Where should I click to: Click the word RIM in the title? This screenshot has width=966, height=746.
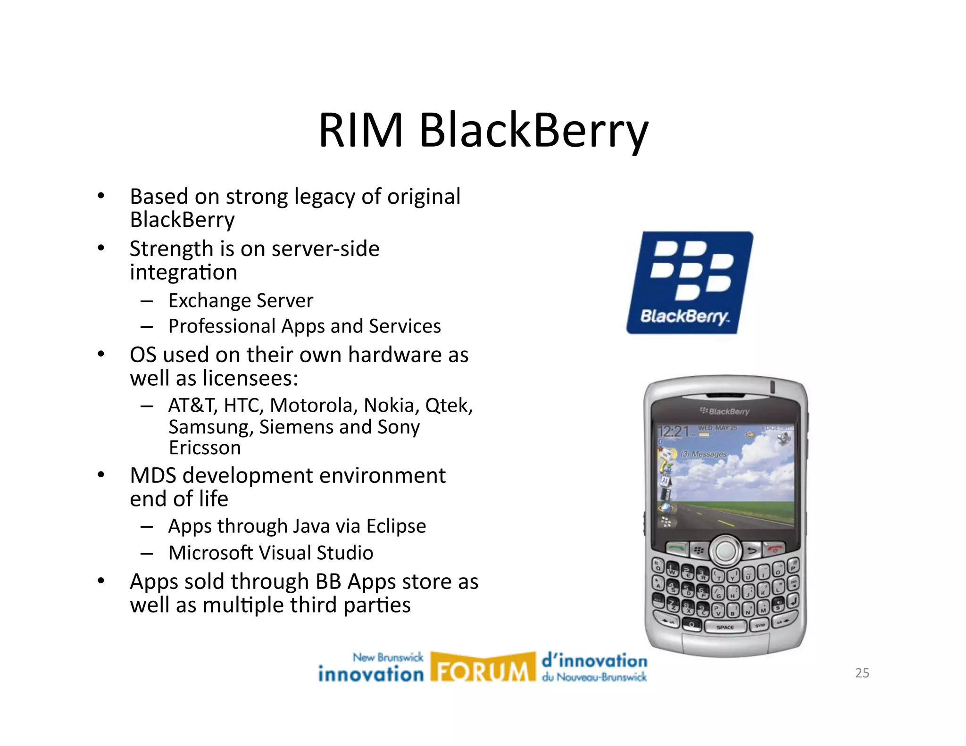coord(361,130)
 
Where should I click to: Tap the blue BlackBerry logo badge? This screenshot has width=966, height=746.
coord(689,282)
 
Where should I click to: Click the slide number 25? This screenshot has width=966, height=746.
coord(862,673)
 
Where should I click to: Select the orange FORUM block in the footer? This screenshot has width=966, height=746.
coord(483,668)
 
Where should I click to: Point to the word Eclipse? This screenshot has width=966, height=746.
coord(396,526)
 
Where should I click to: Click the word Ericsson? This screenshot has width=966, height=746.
coord(205,448)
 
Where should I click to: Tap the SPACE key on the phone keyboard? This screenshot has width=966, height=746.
coord(725,627)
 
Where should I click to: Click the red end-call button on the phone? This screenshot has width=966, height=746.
coord(774,548)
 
